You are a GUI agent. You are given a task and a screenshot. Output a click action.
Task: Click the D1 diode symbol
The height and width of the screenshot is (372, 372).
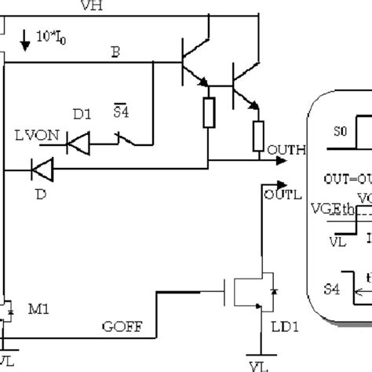click(78, 141)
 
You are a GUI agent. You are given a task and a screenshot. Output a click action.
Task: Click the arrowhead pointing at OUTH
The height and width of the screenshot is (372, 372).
click(280, 161)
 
